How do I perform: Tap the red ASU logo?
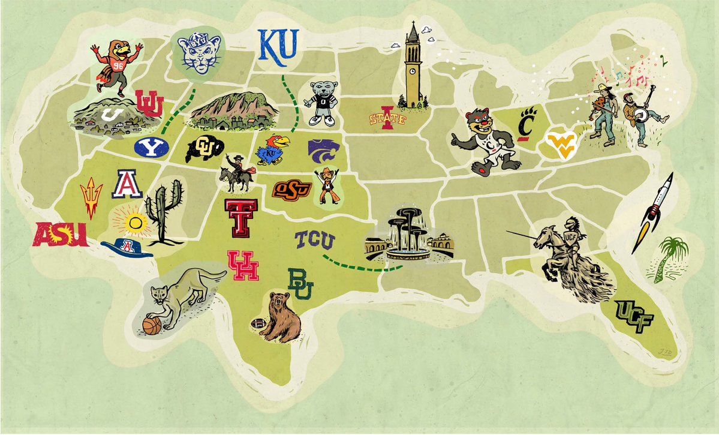pos(61,234)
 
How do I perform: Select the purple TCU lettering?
pos(314,241)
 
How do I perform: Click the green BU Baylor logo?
pos(300,283)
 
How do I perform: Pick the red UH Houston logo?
pos(243,265)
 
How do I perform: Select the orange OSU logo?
pos(292,189)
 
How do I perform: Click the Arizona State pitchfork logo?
pos(92,196)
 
